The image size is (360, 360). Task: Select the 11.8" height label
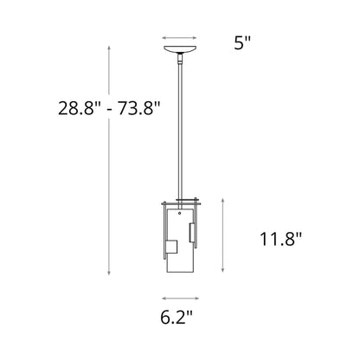click(280, 241)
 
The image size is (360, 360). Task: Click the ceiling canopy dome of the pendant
click(180, 54)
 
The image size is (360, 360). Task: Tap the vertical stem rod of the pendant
click(180, 130)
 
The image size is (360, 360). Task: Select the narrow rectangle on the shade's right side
click(192, 233)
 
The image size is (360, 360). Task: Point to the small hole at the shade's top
click(179, 210)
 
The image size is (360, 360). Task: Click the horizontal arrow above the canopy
click(180, 38)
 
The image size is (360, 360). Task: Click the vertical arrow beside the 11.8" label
click(226, 241)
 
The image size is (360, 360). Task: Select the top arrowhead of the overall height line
click(108, 50)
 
